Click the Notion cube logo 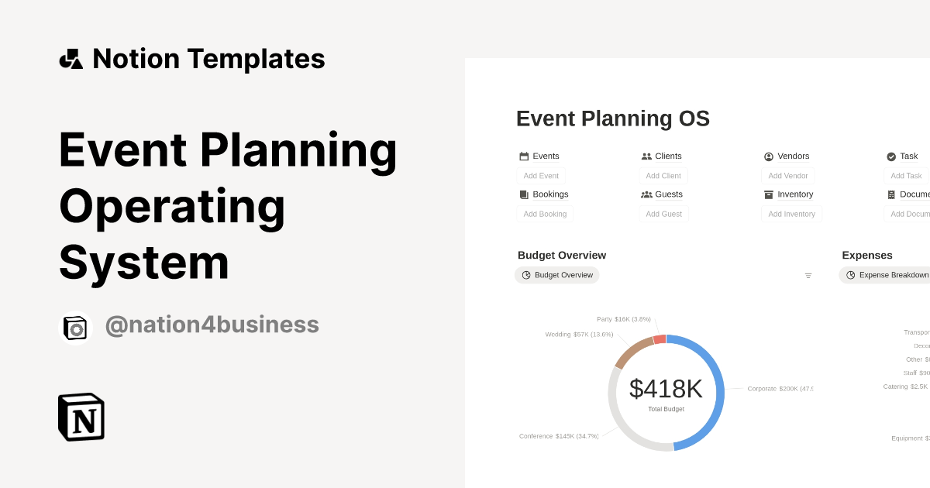(x=81, y=417)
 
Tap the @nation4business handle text (x=212, y=325)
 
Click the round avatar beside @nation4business (x=76, y=328)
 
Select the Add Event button (x=541, y=176)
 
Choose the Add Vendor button (x=787, y=176)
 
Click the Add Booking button (x=545, y=214)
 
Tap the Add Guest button (x=663, y=214)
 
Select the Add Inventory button (x=791, y=214)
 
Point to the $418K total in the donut (x=666, y=389)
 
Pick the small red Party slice (x=660, y=339)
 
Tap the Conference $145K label (x=559, y=436)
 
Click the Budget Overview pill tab (x=557, y=275)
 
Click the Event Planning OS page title (x=612, y=119)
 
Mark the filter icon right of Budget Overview (x=808, y=276)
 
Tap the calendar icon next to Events (x=524, y=156)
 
